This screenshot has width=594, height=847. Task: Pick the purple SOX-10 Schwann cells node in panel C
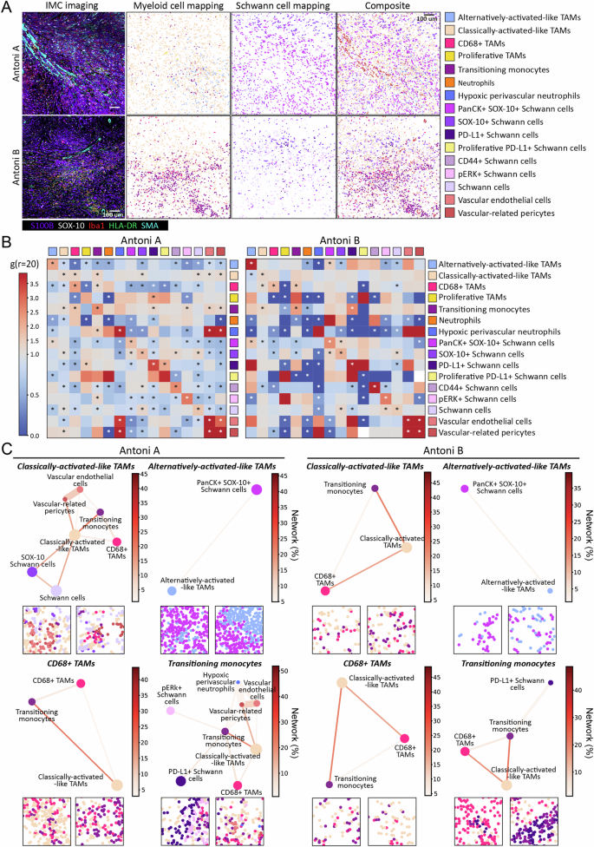(x=32, y=573)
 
